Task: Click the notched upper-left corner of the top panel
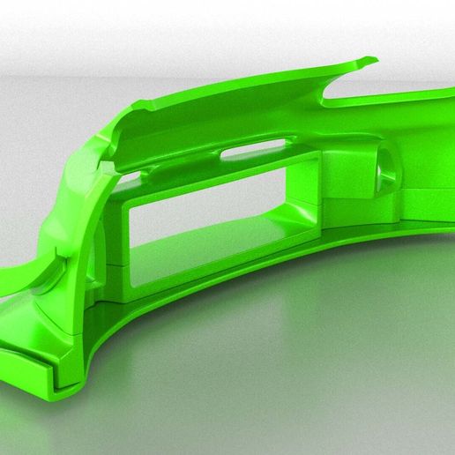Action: (123, 109)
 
